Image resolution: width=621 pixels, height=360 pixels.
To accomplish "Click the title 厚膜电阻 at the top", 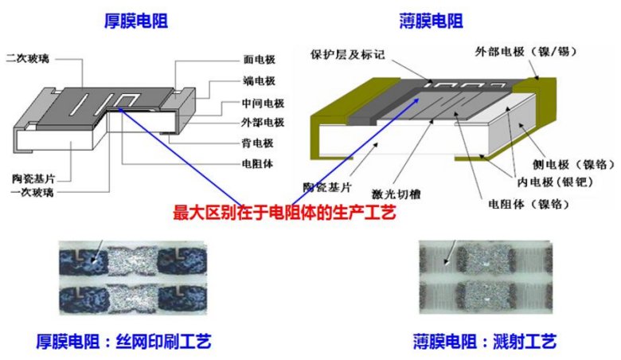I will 135,20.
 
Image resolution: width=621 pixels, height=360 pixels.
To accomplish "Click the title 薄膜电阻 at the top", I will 432,20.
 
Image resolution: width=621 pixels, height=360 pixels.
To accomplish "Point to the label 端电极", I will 260,80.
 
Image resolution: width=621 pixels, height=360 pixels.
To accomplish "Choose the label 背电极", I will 260,143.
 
